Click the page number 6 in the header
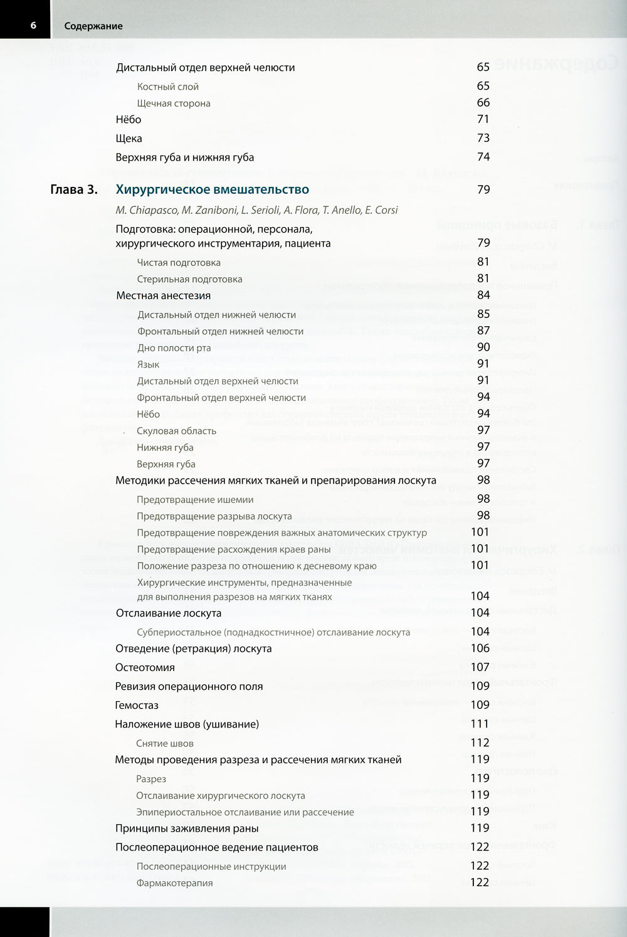[x=33, y=26]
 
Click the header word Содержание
[x=93, y=26]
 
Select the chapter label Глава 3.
[x=74, y=189]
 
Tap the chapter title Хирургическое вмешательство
[x=213, y=189]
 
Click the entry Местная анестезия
[x=163, y=295]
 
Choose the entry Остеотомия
[x=145, y=667]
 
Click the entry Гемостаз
[x=137, y=705]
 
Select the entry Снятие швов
[x=165, y=743]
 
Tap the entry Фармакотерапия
[x=175, y=883]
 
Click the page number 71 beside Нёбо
[x=483, y=119]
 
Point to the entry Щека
[x=129, y=139]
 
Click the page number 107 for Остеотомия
[x=480, y=667]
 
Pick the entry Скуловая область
[x=177, y=431]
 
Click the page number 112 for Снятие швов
[x=480, y=743]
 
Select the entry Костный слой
[x=168, y=87]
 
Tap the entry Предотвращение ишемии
[x=195, y=500]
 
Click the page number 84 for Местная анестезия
[x=483, y=295]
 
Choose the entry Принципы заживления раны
[x=187, y=828]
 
